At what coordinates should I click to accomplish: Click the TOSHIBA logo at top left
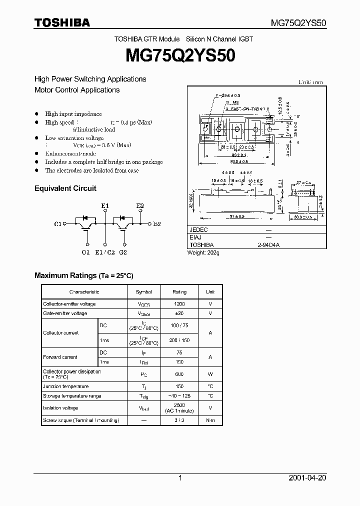62,22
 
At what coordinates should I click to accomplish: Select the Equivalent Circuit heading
65,188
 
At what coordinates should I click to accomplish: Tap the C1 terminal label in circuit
57,223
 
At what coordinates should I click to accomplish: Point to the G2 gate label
123,252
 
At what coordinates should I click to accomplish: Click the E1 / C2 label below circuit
105,252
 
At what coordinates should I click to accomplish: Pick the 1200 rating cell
179,304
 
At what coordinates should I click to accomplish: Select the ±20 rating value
179,313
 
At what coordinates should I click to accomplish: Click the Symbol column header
144,292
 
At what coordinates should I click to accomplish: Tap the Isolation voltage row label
60,408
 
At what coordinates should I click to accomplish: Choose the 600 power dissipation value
179,374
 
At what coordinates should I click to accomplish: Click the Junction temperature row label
65,386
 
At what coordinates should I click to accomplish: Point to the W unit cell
210,374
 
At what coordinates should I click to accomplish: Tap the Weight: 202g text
203,252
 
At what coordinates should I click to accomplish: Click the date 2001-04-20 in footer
307,478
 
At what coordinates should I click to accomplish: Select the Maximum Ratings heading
83,275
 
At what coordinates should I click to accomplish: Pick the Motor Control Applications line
77,90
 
